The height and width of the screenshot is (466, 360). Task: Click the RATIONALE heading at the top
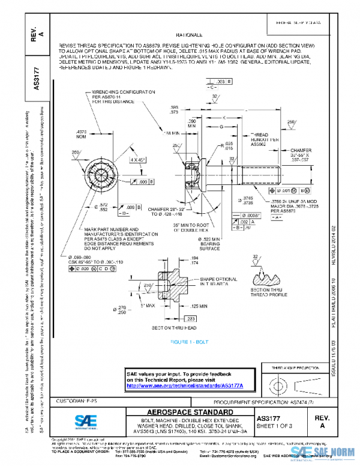coord(190,35)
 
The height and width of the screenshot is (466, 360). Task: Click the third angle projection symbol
coord(292,384)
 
